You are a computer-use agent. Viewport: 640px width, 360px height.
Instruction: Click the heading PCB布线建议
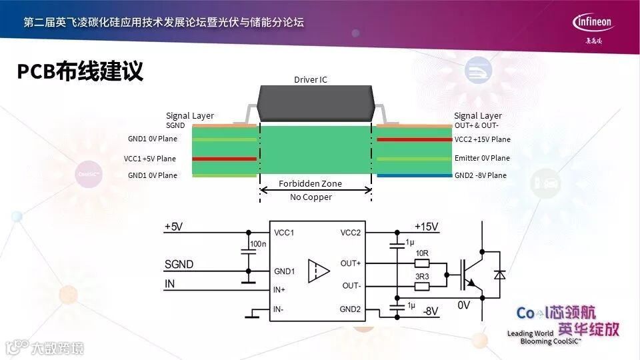point(80,71)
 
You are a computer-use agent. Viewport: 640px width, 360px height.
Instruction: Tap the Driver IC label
point(311,80)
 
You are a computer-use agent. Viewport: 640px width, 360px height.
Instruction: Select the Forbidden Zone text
point(310,183)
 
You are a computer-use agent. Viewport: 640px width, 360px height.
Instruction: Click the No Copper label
point(311,197)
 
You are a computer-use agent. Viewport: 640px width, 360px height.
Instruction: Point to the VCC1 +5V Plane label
point(150,159)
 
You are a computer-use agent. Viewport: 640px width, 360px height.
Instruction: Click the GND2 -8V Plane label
point(481,175)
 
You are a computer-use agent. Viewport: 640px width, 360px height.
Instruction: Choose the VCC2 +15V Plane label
point(482,139)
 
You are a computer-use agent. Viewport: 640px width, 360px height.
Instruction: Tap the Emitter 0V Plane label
point(482,158)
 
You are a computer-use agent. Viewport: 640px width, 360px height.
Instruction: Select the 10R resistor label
point(421,253)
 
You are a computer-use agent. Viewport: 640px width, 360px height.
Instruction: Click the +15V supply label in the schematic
point(427,227)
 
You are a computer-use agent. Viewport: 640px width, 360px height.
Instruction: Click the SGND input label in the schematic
point(179,265)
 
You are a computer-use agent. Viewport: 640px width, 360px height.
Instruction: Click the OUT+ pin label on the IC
point(350,263)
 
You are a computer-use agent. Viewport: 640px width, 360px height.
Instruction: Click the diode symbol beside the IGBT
point(499,274)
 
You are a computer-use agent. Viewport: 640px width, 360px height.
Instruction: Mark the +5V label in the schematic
point(173,227)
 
